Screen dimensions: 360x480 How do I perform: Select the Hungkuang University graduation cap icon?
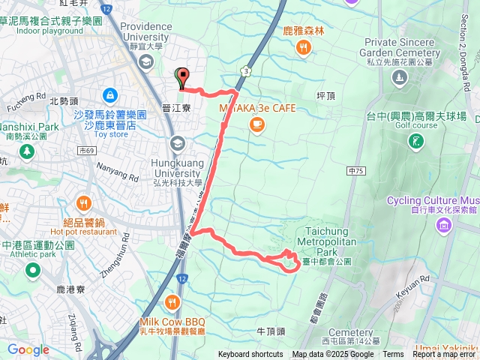178,142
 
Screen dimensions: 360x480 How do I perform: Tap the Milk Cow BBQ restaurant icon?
172,303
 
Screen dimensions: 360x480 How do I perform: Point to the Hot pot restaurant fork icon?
83,202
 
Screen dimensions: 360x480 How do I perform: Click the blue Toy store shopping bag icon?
110,95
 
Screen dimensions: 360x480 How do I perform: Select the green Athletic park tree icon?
31,270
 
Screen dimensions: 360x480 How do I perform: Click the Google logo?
28,349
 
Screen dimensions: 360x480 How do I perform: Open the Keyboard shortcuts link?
250,355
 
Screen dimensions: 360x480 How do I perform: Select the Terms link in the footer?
393,355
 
